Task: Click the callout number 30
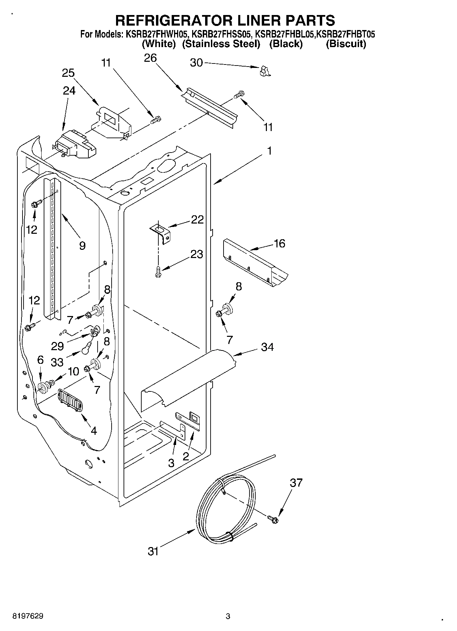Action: pos(196,63)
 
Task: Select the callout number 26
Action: pos(150,58)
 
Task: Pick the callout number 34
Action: pos(267,347)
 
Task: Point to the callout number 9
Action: pos(82,245)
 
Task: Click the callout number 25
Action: pos(68,73)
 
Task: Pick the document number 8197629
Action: pos(28,616)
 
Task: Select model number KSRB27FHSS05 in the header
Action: pos(222,34)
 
